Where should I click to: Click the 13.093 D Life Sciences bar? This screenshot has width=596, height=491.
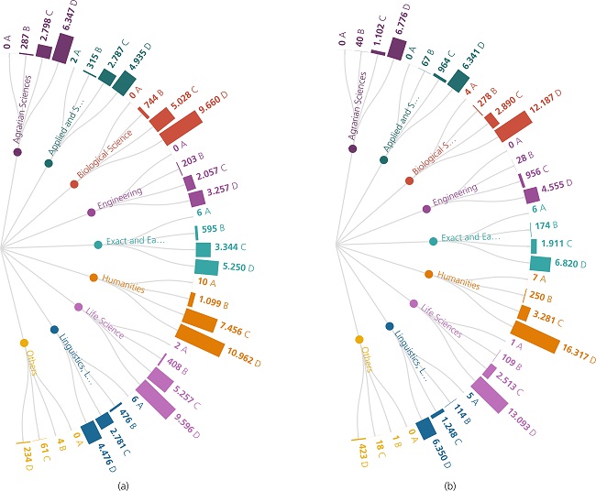486,395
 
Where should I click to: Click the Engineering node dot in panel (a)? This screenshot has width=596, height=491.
91,213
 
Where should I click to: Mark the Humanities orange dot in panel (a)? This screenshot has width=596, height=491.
93,277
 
